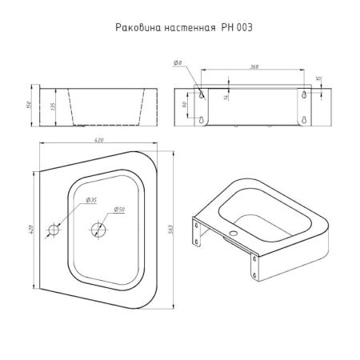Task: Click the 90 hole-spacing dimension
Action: [185, 105]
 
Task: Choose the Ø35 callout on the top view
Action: [92, 199]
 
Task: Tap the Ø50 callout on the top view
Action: [118, 210]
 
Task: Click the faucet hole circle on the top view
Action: [54, 231]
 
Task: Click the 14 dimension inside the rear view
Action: [226, 95]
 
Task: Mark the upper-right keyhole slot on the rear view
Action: [306, 94]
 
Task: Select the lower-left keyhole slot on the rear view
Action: [201, 121]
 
